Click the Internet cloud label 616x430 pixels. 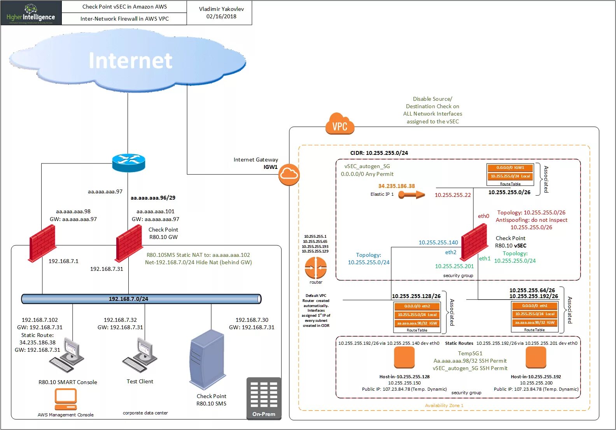130,61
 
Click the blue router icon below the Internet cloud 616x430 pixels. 129,163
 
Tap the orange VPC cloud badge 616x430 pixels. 340,124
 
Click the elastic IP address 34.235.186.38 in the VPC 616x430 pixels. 396,186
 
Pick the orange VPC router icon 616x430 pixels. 316,268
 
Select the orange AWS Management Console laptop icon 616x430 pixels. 65,399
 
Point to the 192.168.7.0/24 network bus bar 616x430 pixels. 141,299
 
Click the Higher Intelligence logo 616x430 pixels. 31,13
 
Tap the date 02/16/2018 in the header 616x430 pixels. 221,16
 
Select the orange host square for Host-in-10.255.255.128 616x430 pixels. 404,357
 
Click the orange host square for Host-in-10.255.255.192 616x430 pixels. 536,357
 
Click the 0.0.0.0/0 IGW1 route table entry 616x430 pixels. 510,168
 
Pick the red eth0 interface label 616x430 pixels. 483,216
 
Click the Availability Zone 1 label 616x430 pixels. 444,405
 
